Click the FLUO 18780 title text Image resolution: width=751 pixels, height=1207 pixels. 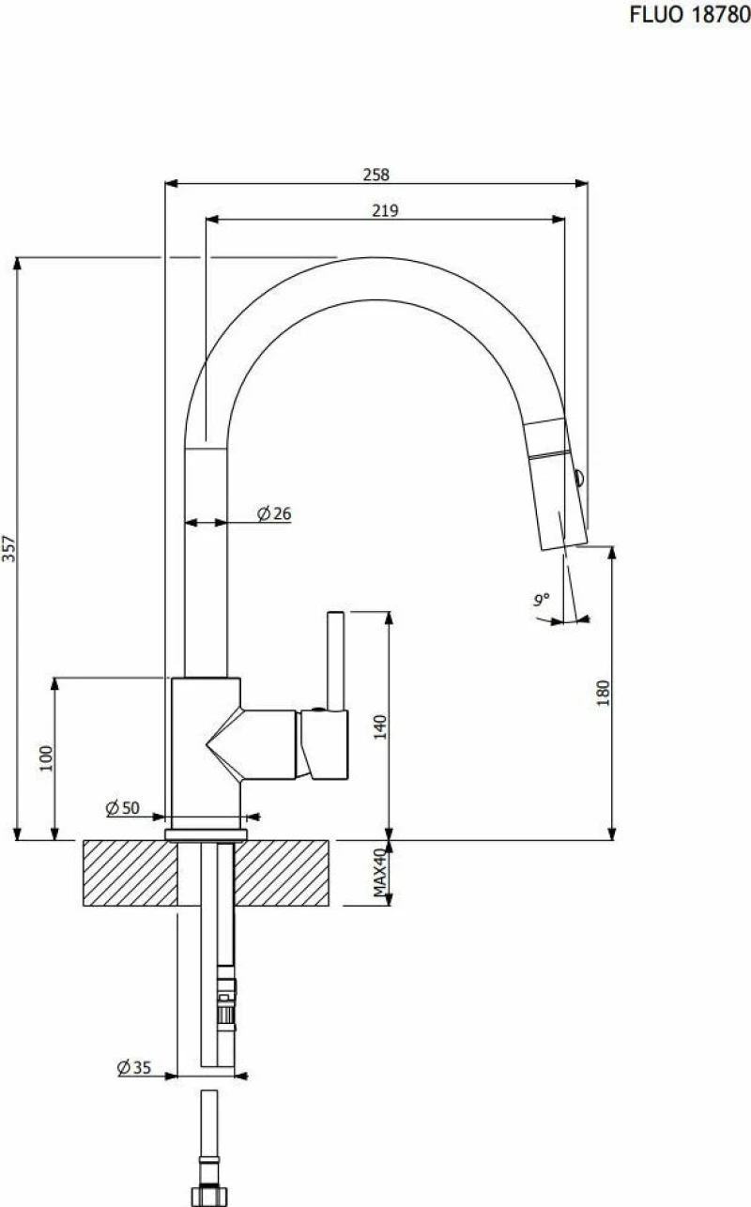[x=690, y=15]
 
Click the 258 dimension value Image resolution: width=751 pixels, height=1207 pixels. [x=375, y=175]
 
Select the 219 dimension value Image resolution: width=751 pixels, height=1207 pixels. [x=385, y=210]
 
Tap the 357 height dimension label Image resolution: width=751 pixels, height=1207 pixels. [x=9, y=548]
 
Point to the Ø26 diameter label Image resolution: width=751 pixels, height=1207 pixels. [x=274, y=513]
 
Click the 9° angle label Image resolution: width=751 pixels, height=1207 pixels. [x=542, y=599]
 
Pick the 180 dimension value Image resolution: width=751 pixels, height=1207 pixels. [x=604, y=693]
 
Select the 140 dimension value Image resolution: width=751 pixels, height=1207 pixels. [x=380, y=726]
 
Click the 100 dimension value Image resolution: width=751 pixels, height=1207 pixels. [x=47, y=758]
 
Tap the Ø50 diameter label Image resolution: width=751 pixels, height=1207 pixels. [x=123, y=808]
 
